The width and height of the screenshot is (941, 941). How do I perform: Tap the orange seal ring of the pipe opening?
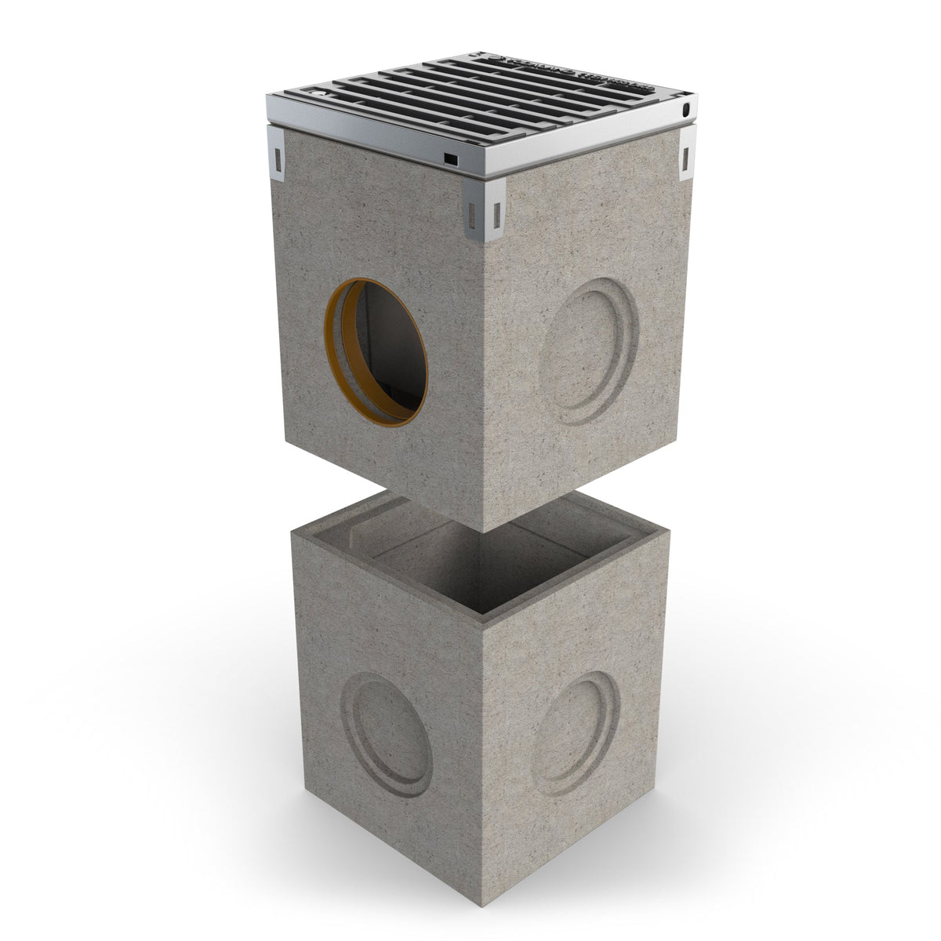pos(336,345)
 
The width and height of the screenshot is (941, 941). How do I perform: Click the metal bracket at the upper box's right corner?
pos(687,154)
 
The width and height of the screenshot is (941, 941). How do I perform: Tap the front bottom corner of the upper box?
pos(485,531)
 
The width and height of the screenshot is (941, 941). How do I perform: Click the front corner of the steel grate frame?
pos(484,176)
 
